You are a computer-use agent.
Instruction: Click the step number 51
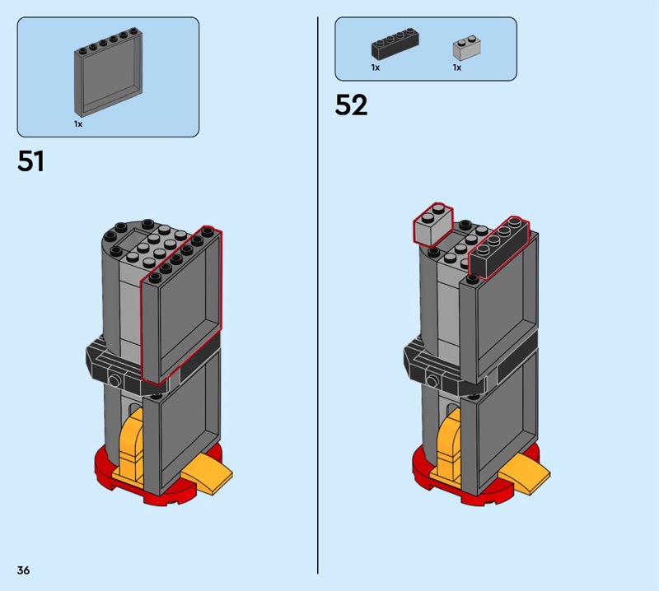pos(30,161)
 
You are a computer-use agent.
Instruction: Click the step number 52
pos(351,105)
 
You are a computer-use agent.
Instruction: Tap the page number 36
pos(24,570)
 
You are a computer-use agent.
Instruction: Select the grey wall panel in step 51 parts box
pos(109,72)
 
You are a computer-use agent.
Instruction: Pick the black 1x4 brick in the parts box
pos(395,44)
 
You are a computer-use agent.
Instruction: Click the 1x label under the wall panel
pos(78,124)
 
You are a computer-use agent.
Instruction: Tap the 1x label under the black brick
pos(376,67)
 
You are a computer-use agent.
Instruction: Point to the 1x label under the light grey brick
pos(457,67)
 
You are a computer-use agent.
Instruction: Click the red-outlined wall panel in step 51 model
pos(181,307)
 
